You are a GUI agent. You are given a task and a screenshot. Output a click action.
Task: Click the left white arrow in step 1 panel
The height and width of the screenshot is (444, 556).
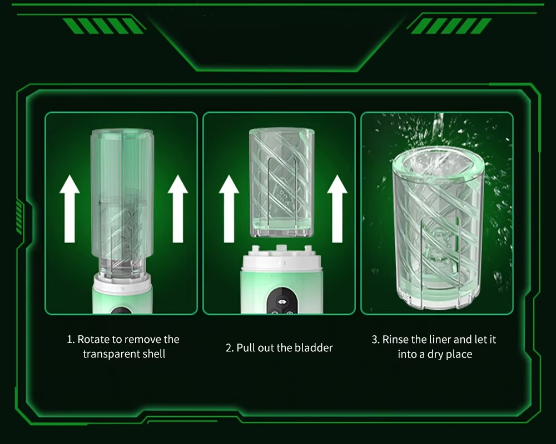tap(69, 209)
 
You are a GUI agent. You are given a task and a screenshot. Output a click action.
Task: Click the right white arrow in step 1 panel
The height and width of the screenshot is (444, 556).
tap(178, 209)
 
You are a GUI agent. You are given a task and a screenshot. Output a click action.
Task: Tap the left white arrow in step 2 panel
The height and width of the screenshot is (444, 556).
tap(229, 209)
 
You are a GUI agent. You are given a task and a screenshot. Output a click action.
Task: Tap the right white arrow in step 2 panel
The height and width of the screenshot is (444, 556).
tap(337, 209)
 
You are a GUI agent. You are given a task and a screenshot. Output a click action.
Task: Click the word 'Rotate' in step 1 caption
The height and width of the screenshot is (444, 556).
tap(93, 339)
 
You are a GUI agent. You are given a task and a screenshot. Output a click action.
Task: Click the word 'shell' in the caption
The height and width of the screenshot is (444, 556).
tap(154, 354)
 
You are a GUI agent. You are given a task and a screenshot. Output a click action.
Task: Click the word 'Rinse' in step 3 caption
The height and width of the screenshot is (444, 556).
tap(395, 339)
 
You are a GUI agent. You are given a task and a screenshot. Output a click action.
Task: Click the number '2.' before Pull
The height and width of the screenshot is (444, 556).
tap(230, 347)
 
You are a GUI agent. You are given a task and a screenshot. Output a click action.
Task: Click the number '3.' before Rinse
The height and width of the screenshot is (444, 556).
tap(375, 339)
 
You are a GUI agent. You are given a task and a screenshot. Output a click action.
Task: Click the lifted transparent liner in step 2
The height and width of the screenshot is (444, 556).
tap(282, 183)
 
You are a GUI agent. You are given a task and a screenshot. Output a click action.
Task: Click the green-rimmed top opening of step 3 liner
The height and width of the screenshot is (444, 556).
tap(438, 163)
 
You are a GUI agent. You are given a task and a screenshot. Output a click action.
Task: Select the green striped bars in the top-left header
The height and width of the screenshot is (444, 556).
tap(103, 26)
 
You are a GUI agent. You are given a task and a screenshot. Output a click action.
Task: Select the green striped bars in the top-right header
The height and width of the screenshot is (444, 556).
tap(451, 26)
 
